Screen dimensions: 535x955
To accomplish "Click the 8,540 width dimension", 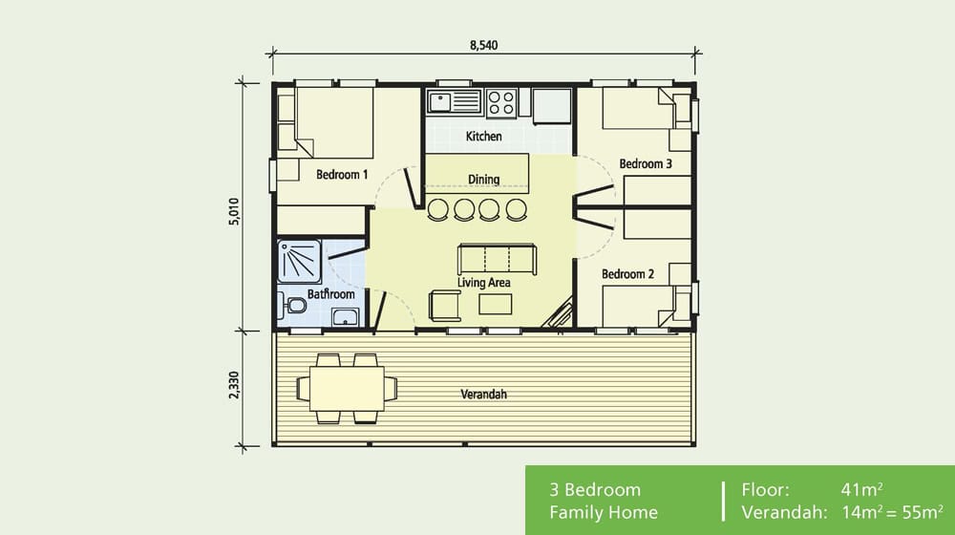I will coord(484,44).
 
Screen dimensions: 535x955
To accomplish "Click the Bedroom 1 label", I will coord(342,175).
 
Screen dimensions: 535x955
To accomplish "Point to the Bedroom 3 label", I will coord(646,164).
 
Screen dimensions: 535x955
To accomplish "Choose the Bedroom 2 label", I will coord(627,274).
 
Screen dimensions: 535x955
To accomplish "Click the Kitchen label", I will coord(483,137).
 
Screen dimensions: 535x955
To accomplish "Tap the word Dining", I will coord(483,180).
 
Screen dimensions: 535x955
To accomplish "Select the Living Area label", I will coord(483,283).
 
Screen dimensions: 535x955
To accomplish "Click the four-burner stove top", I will coord(501,101).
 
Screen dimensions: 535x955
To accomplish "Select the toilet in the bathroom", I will coord(294,307).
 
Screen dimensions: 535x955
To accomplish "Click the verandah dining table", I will coord(347,388).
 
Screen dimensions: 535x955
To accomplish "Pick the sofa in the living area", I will coord(497,259).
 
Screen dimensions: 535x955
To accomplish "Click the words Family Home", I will coord(603,513).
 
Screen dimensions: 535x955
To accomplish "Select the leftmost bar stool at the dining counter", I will coord(438,208).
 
